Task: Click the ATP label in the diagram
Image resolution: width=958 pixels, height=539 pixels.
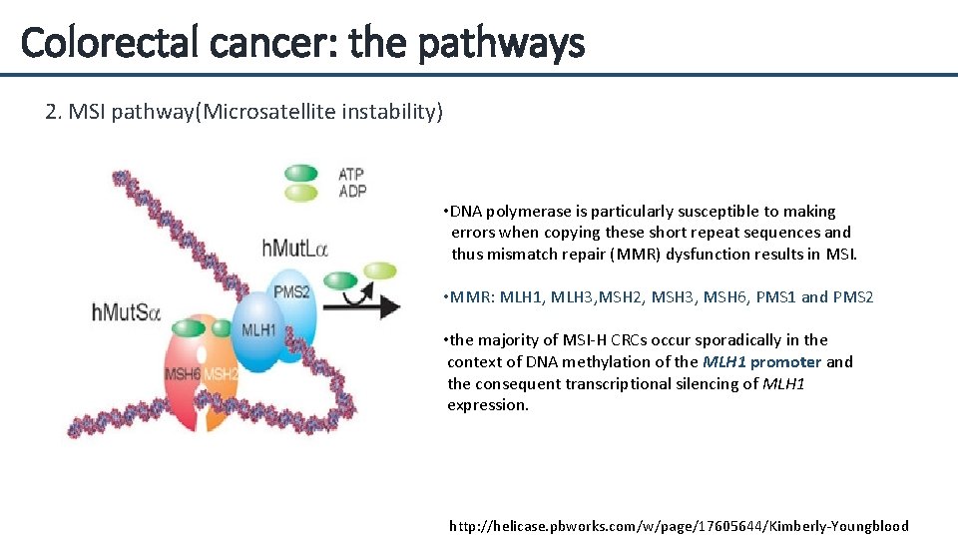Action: (351, 175)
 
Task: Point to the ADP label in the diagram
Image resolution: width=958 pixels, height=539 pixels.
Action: (352, 191)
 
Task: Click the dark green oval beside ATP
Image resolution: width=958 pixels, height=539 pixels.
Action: (300, 174)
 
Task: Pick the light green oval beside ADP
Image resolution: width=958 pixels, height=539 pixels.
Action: (300, 192)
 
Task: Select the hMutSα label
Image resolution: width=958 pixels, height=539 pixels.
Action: (126, 311)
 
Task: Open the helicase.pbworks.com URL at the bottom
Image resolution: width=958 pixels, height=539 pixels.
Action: (679, 526)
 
